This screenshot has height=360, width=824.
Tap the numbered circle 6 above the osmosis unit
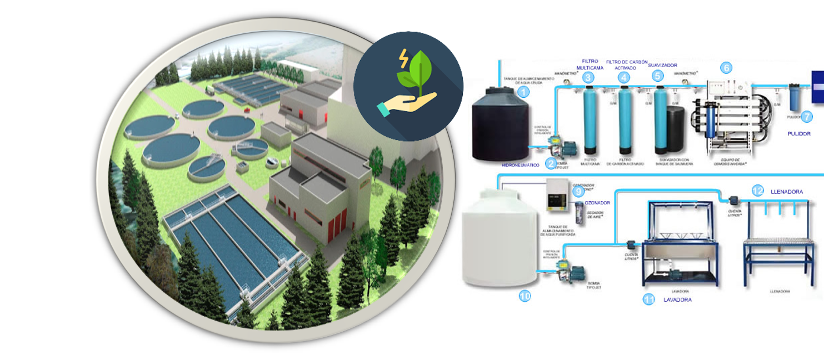(726, 68)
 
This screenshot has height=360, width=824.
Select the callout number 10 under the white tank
(525, 296)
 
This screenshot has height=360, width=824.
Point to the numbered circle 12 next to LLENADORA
(757, 191)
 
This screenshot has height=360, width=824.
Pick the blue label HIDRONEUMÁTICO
(520, 165)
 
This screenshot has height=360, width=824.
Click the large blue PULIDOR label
(799, 134)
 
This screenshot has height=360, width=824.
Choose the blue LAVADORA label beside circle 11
(677, 299)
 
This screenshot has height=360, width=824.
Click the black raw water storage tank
(500, 125)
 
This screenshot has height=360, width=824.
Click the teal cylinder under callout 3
(590, 119)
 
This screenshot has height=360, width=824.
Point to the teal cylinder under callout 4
(626, 119)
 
